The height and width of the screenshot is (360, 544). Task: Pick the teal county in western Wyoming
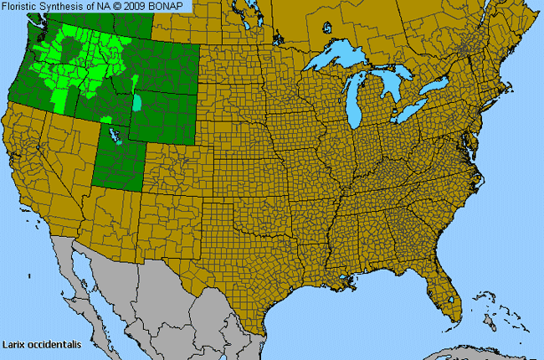[x=137, y=104]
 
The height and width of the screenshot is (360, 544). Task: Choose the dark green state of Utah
[x=117, y=159]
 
